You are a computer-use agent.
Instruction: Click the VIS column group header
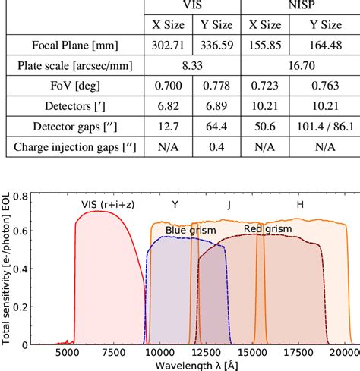tap(191, 4)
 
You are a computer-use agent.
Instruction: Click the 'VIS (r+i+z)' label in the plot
tap(109, 204)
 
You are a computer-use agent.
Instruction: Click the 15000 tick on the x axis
tap(251, 353)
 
